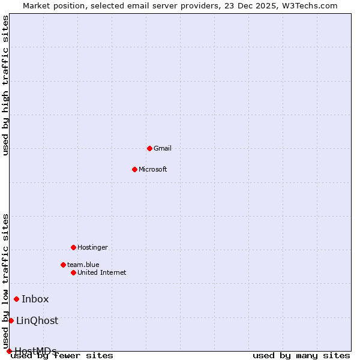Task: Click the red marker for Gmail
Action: pyautogui.click(x=149, y=148)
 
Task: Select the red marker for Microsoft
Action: pyautogui.click(x=134, y=169)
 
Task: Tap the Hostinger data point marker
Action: pyautogui.click(x=73, y=247)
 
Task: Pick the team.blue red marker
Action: pyautogui.click(x=63, y=265)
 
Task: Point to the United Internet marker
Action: pyautogui.click(x=73, y=272)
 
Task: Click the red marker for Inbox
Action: pyautogui.click(x=16, y=299)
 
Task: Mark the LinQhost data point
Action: pyautogui.click(x=11, y=320)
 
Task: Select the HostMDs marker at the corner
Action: pyautogui.click(x=9, y=351)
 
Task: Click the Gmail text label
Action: pyautogui.click(x=163, y=148)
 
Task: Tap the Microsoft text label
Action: pyautogui.click(x=153, y=169)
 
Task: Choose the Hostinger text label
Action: pyautogui.click(x=93, y=247)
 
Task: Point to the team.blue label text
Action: pyautogui.click(x=83, y=265)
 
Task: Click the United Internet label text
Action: pyautogui.click(x=102, y=272)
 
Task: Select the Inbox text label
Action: pyautogui.click(x=35, y=299)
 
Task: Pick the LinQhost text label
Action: pyautogui.click(x=37, y=320)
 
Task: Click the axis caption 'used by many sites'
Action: pyautogui.click(x=301, y=356)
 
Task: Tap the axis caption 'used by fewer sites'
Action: pyautogui.click(x=62, y=356)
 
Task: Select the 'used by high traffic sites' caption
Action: pyautogui.click(x=6, y=85)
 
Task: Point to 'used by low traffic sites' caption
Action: pyautogui.click(x=6, y=281)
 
